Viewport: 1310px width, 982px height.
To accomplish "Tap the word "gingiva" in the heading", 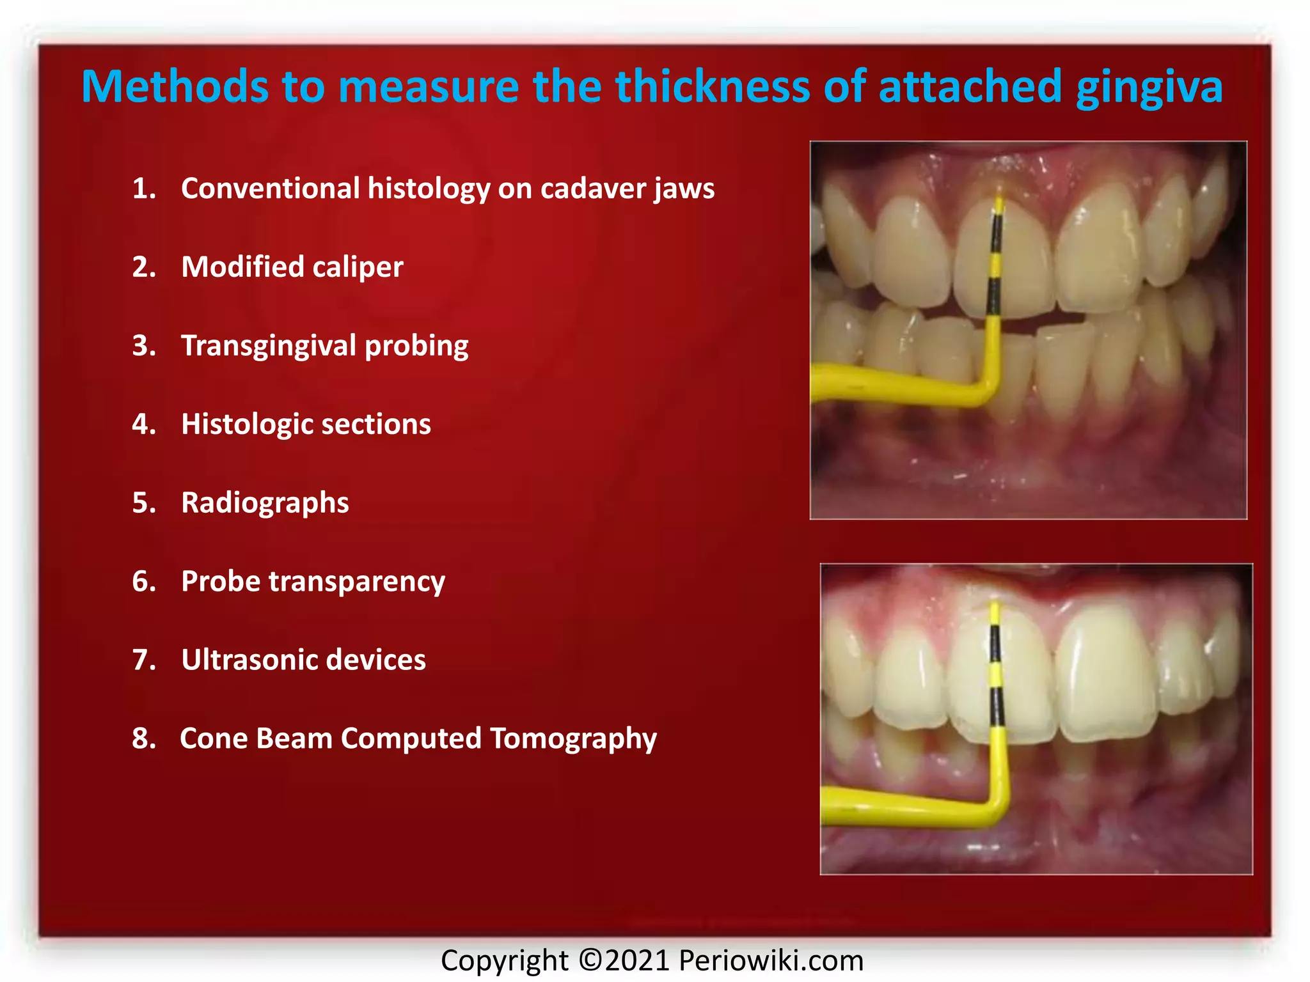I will coord(1149,88).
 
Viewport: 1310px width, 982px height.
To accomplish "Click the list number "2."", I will coord(144,267).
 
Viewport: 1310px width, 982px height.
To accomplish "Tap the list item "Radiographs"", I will coord(265,503).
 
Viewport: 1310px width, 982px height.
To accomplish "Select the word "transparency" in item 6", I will coord(356,582).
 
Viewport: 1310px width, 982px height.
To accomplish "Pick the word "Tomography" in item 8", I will coord(573,739).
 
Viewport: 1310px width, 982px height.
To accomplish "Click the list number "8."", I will coord(144,738).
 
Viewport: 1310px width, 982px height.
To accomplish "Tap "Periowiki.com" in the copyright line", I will coord(771,960).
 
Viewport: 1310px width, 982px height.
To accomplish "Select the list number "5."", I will coord(144,503).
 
